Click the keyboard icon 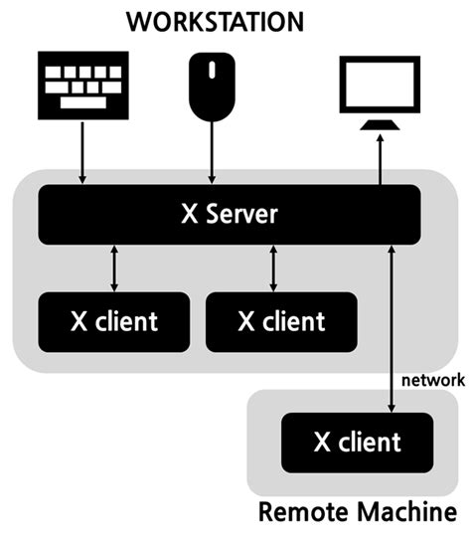(x=82, y=85)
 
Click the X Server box (x=230, y=215)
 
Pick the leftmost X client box (x=113, y=321)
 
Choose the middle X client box (x=281, y=321)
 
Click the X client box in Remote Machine (x=358, y=441)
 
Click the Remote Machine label (x=357, y=514)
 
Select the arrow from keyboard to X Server (x=82, y=154)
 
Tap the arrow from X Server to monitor (x=379, y=159)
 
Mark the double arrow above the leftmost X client (x=114, y=268)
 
